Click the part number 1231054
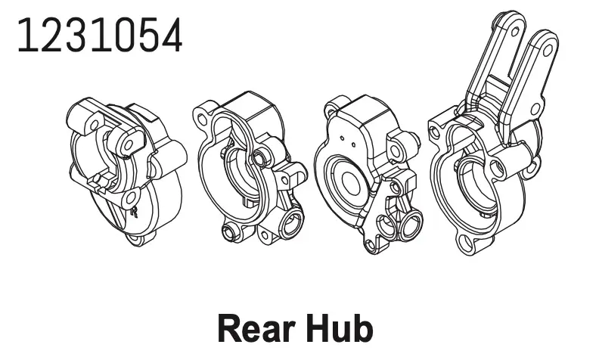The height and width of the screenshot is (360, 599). pyautogui.click(x=100, y=35)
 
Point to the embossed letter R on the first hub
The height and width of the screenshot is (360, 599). pyautogui.click(x=134, y=212)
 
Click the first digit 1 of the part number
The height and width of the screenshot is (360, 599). pyautogui.click(x=26, y=35)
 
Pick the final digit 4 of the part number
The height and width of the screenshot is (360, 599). pyautogui.click(x=171, y=35)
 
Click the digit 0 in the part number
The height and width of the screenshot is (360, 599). pyautogui.click(x=123, y=35)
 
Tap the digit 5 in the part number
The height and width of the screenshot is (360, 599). pyautogui.click(x=147, y=35)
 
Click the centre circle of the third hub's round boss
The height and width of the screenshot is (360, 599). pyautogui.click(x=352, y=182)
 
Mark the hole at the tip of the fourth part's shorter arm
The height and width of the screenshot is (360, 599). pyautogui.click(x=548, y=49)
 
